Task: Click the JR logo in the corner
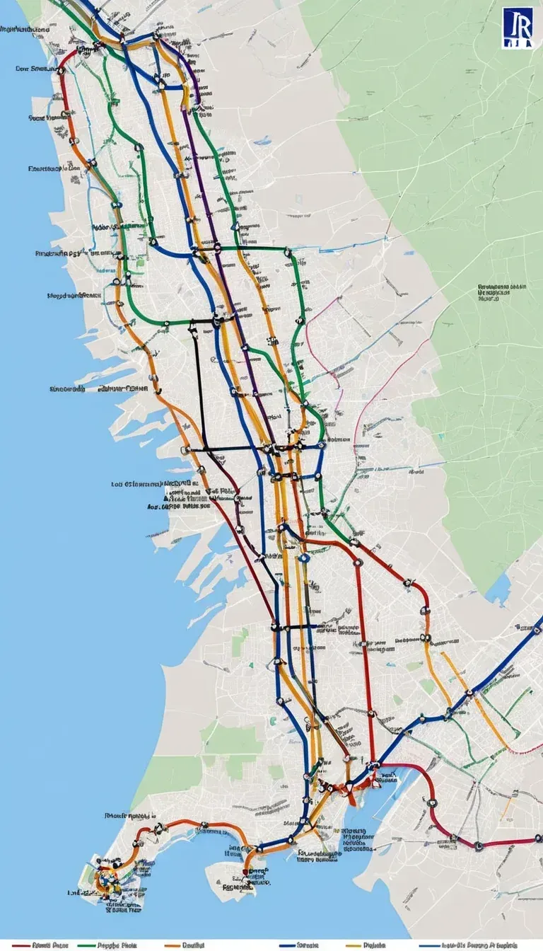tap(518, 28)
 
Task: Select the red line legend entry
tap(42, 945)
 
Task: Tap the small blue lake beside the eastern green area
tap(499, 587)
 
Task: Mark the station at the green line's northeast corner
tap(288, 250)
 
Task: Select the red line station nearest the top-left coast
tap(62, 71)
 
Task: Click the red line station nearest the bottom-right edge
tap(478, 844)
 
